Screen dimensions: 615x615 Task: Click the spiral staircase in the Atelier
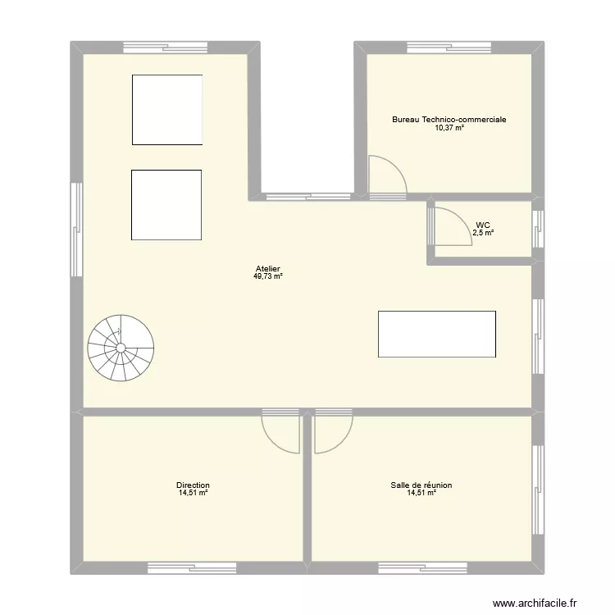tap(121, 348)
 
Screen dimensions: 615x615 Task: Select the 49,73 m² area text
tap(268, 277)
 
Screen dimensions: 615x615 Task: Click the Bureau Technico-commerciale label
tap(449, 120)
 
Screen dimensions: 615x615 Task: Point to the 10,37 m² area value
tap(449, 128)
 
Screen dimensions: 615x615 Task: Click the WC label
tap(483, 225)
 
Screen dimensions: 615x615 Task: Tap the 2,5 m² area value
tap(483, 233)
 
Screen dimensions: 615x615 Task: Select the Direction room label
tap(193, 485)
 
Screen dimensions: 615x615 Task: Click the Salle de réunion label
tap(421, 485)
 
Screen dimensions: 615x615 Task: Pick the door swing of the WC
tap(448, 225)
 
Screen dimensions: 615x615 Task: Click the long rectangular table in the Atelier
tap(436, 334)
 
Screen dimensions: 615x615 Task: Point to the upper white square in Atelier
tap(167, 109)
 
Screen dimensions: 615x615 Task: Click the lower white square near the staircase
tap(166, 205)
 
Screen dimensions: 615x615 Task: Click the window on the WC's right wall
tap(538, 229)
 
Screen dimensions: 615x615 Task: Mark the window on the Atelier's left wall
tap(76, 221)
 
